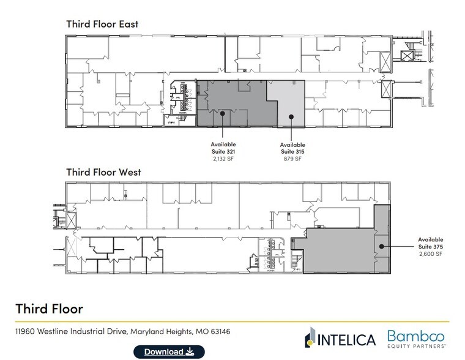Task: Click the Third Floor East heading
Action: [102, 24]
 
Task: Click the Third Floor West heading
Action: [103, 172]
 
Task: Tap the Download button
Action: [169, 351]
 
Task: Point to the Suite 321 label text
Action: [223, 151]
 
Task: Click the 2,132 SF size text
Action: [223, 158]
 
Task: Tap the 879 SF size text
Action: [292, 158]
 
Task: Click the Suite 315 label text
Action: [292, 151]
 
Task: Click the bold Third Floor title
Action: [49, 307]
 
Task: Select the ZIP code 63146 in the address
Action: [219, 332]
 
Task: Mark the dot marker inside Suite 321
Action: [223, 113]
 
